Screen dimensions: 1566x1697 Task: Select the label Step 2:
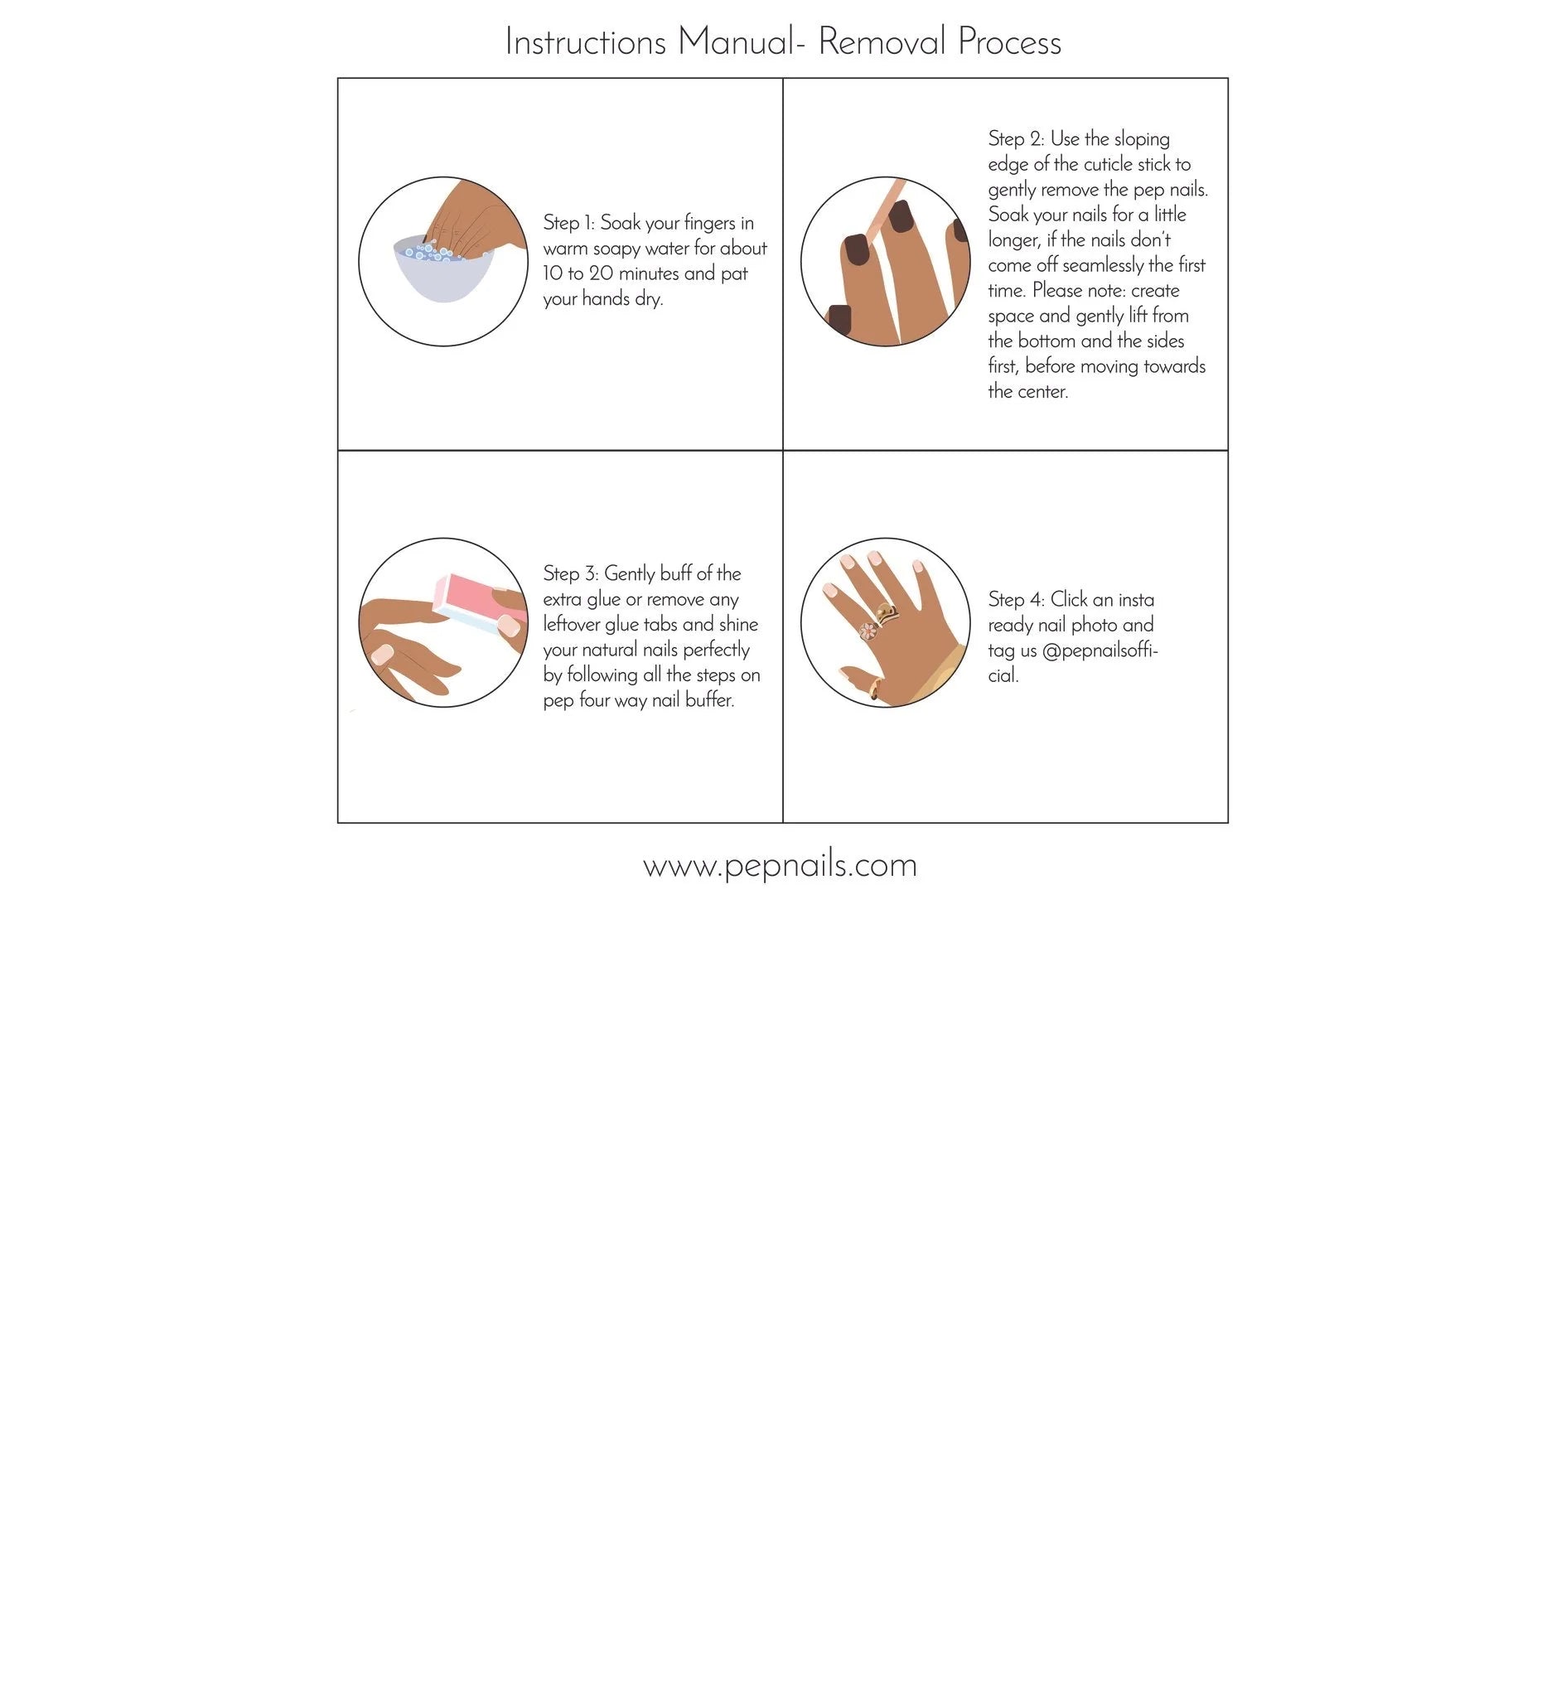click(1015, 139)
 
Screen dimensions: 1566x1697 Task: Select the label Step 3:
click(570, 573)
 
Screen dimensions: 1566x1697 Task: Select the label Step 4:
click(1016, 600)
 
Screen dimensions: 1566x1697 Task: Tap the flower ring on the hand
click(868, 631)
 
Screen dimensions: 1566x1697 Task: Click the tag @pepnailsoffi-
click(1100, 650)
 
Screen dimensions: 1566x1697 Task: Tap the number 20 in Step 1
click(601, 273)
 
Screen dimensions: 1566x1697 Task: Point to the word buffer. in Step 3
click(709, 701)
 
